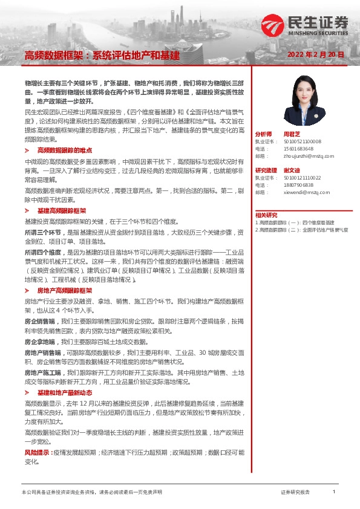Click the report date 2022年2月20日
(x=316, y=54)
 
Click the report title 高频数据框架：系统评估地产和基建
(x=102, y=55)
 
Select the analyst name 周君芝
(x=292, y=134)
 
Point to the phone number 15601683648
(x=299, y=148)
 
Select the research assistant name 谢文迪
(x=292, y=170)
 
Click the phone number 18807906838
(x=299, y=185)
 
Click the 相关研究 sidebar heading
(x=266, y=215)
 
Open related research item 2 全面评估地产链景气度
(x=302, y=230)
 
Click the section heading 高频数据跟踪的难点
(x=65, y=149)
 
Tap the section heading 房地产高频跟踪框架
(x=65, y=290)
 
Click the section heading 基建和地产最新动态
(x=65, y=392)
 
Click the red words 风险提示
(x=38, y=452)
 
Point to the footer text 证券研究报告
(x=295, y=493)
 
